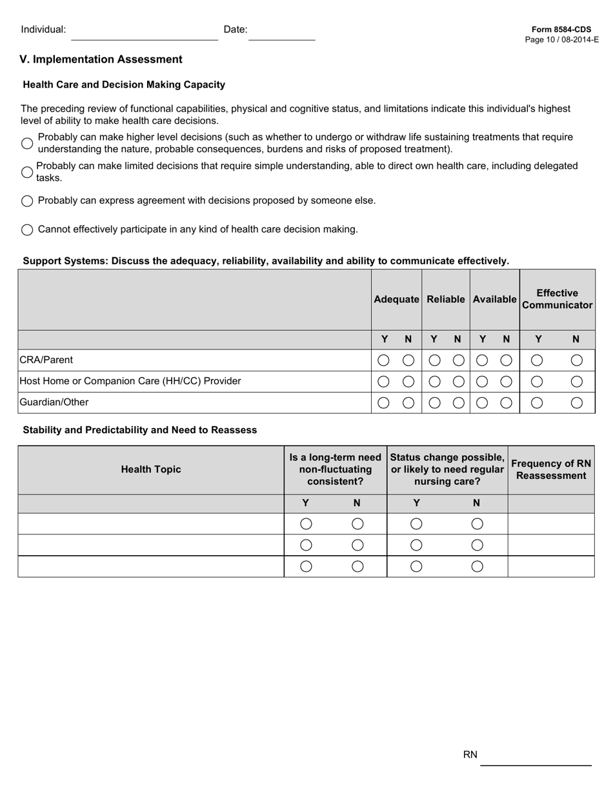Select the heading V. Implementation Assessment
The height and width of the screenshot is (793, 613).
[x=101, y=59]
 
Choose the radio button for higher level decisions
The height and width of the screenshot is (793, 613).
[x=27, y=143]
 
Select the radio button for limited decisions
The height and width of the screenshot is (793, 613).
[x=27, y=172]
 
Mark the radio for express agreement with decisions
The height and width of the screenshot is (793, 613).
[x=27, y=201]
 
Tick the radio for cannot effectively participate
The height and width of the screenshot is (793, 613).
[x=27, y=230]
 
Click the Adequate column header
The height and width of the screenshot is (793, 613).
[x=396, y=299]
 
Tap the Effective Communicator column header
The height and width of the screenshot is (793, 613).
[x=557, y=299]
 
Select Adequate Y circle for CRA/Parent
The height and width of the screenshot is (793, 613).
[x=383, y=360]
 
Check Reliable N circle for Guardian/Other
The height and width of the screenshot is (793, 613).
[x=458, y=403]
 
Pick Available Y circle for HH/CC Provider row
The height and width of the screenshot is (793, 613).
[x=482, y=382]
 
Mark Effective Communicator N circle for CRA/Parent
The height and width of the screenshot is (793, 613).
[x=576, y=360]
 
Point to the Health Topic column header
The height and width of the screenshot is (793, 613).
[x=151, y=469]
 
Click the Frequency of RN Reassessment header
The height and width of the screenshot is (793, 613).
[x=551, y=469]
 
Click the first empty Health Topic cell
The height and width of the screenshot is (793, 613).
[x=151, y=524]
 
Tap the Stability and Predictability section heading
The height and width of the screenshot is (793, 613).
[x=139, y=430]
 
